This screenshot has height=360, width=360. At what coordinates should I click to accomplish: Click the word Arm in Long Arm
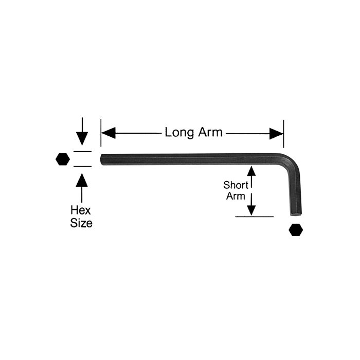click(209, 132)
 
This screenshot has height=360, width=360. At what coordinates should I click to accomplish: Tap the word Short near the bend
click(236, 185)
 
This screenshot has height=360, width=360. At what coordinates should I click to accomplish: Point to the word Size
click(81, 223)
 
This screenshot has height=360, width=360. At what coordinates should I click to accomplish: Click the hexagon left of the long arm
click(62, 159)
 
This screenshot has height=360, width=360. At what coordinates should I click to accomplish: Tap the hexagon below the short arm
click(295, 229)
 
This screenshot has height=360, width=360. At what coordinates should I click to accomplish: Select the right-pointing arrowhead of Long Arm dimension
click(276, 133)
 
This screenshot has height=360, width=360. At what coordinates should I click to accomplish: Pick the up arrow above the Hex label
click(82, 181)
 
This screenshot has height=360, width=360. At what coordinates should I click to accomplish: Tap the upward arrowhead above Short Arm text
click(251, 171)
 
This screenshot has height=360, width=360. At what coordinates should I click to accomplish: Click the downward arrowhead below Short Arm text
click(251, 209)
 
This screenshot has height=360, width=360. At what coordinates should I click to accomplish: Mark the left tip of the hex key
click(102, 159)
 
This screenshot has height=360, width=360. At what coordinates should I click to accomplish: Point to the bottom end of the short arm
click(295, 212)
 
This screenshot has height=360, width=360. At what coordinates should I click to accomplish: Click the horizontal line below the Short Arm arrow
click(254, 217)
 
